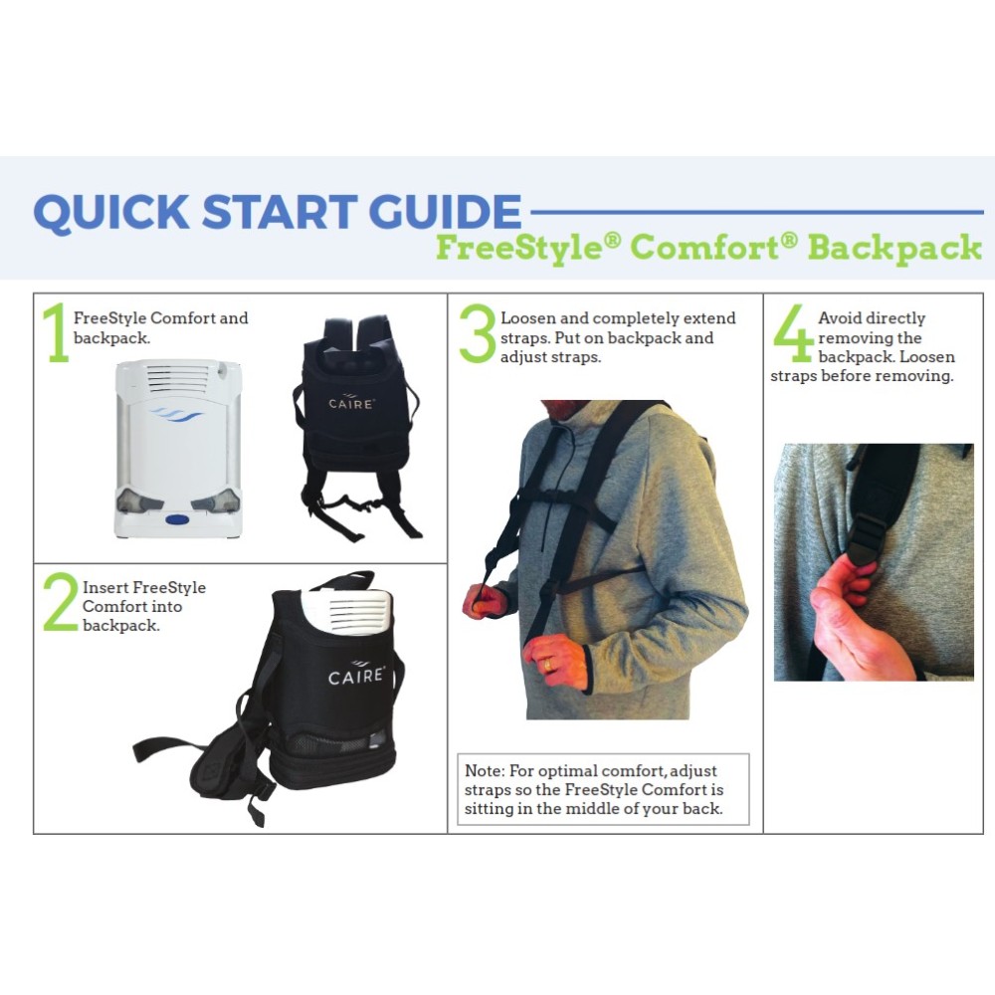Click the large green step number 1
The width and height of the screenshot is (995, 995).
click(56, 333)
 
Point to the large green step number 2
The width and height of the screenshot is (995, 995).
click(59, 604)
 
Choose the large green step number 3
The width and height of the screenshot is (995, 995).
click(477, 333)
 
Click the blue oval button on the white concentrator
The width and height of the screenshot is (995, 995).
click(178, 518)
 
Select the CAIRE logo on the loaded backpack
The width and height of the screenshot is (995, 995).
click(354, 677)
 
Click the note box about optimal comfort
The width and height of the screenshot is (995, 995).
click(594, 789)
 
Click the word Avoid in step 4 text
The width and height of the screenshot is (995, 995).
click(841, 318)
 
